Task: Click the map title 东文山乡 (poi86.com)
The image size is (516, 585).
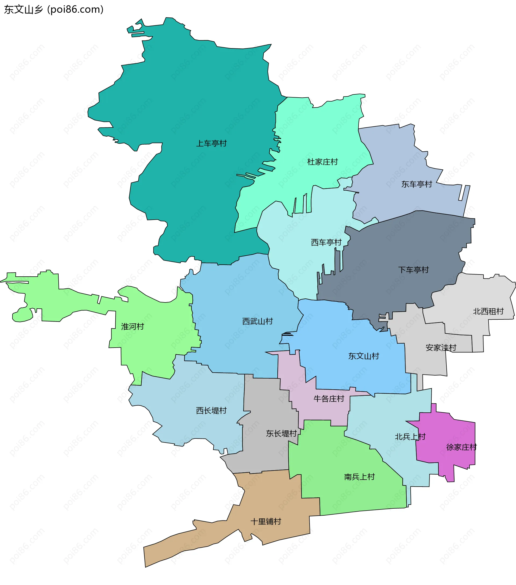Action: [x=54, y=9]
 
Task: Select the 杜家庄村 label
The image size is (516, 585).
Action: [x=322, y=162]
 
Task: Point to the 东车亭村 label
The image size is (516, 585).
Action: [x=417, y=184]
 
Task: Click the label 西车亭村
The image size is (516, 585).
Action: [x=326, y=242]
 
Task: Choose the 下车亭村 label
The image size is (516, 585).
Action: [x=413, y=270]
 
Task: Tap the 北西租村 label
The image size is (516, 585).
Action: [x=488, y=311]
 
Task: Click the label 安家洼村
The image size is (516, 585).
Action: [x=441, y=348]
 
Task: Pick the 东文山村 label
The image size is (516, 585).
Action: [x=363, y=356]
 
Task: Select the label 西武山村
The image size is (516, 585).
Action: [x=257, y=322]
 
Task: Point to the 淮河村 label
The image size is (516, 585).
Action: [x=132, y=327]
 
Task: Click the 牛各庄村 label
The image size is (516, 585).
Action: [x=329, y=399]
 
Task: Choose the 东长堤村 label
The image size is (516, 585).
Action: [x=281, y=433]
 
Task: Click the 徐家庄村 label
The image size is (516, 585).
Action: [x=461, y=447]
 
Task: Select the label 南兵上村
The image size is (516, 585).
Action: [x=359, y=477]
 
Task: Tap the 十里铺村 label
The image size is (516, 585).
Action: [x=266, y=521]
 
